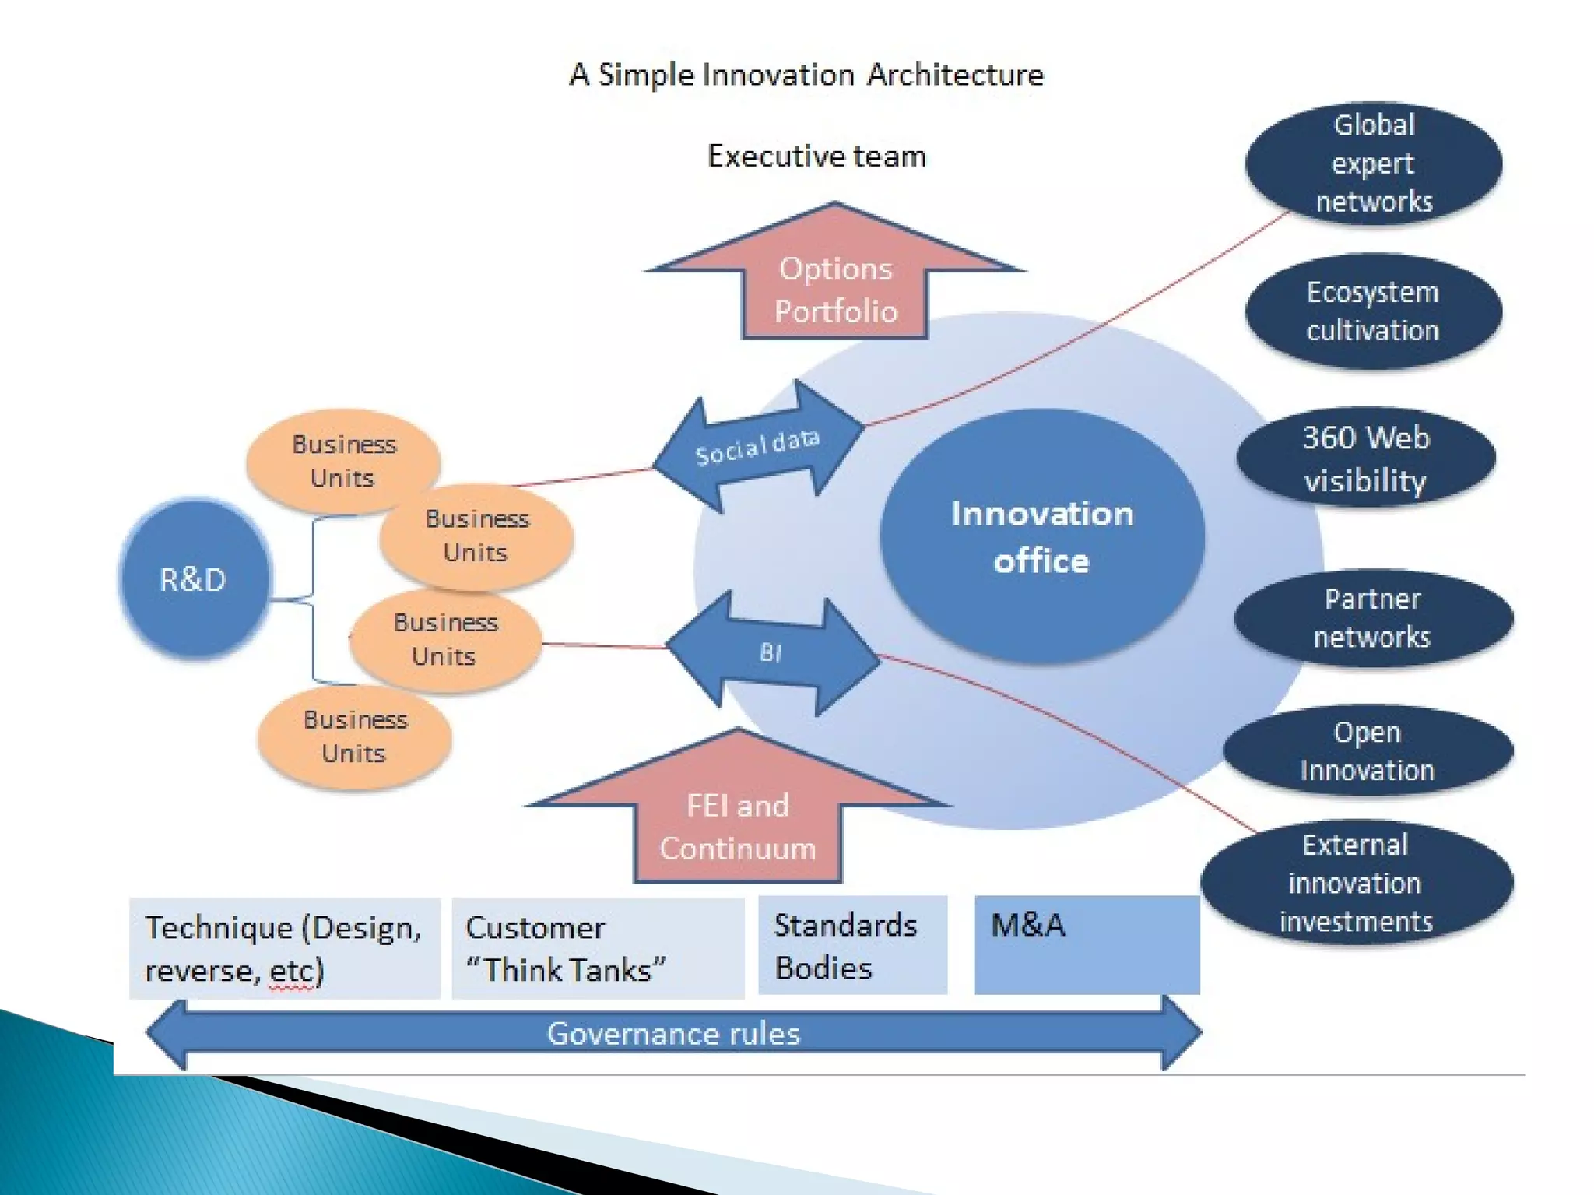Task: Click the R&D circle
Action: pyautogui.click(x=194, y=579)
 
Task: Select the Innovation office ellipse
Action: pyautogui.click(x=1041, y=537)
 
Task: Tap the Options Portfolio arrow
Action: pyautogui.click(x=835, y=289)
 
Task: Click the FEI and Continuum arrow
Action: pyautogui.click(x=737, y=826)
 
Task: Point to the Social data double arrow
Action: pyautogui.click(x=757, y=447)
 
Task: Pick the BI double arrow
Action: pyautogui.click(x=771, y=653)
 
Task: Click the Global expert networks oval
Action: pyautogui.click(x=1374, y=163)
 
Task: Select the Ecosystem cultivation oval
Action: pyautogui.click(x=1373, y=311)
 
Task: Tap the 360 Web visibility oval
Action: pyautogui.click(x=1366, y=459)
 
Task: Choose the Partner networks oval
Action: pyautogui.click(x=1372, y=618)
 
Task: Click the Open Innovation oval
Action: pyautogui.click(x=1368, y=751)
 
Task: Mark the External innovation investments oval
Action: pyautogui.click(x=1356, y=883)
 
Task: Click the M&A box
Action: pyautogui.click(x=1087, y=944)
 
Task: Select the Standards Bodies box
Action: pyautogui.click(x=852, y=946)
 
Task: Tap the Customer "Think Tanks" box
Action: pyautogui.click(x=597, y=948)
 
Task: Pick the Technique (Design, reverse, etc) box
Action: pyautogui.click(x=284, y=948)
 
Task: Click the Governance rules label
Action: pyautogui.click(x=673, y=1034)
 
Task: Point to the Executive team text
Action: pyautogui.click(x=816, y=156)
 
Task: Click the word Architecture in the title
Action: pyautogui.click(x=955, y=75)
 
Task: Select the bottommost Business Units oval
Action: pyautogui.click(x=355, y=736)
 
